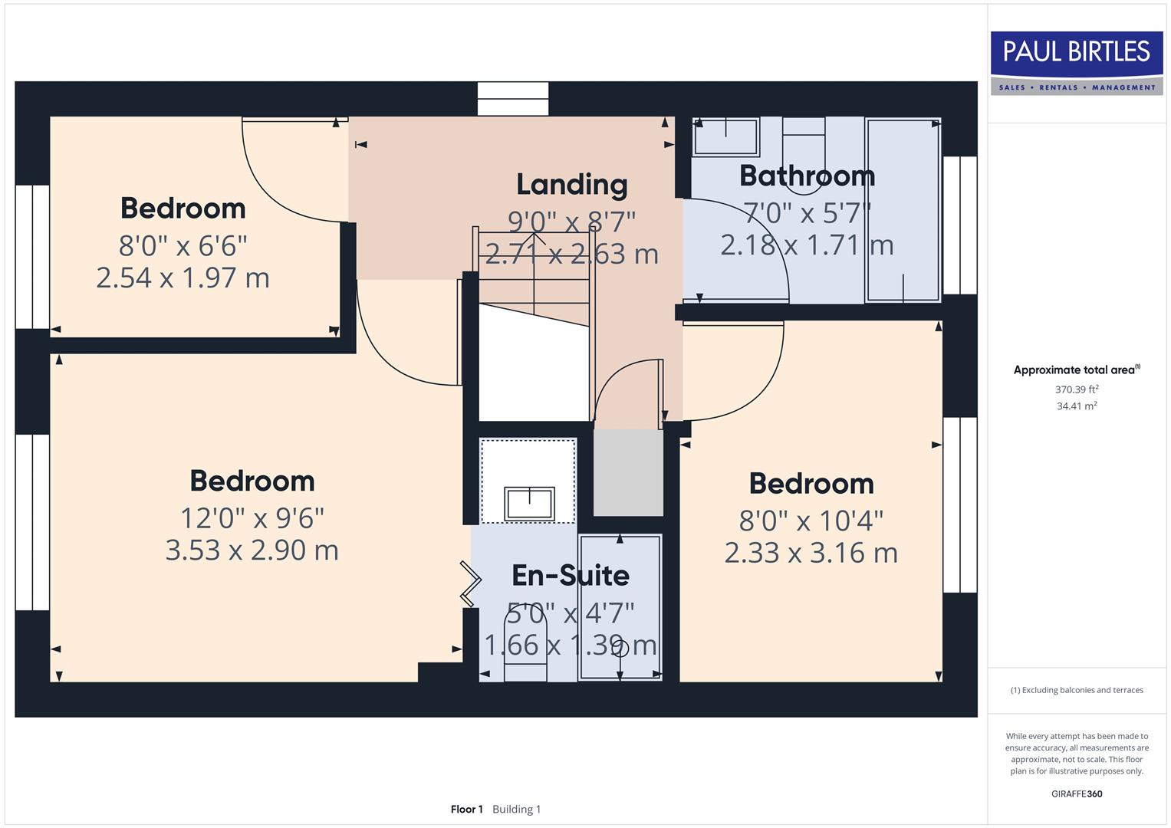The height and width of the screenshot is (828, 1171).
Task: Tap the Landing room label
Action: [x=571, y=185]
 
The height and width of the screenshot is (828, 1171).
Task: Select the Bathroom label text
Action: [x=807, y=176]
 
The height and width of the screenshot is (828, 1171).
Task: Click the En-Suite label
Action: [x=571, y=575]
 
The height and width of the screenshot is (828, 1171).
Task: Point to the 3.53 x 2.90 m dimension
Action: [x=252, y=550]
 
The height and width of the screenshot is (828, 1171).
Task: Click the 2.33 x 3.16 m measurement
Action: [x=811, y=553]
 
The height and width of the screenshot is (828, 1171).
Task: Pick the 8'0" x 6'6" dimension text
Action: [x=183, y=246]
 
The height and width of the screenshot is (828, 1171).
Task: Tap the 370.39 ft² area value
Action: [x=1077, y=389]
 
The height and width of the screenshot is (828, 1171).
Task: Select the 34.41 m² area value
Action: [x=1077, y=406]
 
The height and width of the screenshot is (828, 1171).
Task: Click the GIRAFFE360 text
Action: [x=1077, y=793]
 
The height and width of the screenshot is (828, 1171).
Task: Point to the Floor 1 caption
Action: [x=466, y=810]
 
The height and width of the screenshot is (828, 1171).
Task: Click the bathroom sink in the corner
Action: [x=725, y=137]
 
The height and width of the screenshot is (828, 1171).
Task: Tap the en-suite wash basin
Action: [x=528, y=503]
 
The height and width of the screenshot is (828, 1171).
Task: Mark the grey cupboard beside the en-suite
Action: [x=628, y=472]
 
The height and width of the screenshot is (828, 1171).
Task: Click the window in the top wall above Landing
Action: [x=513, y=99]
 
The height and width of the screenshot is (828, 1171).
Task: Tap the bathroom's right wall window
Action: [x=959, y=225]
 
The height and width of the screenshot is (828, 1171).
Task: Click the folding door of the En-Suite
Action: [x=469, y=583]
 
